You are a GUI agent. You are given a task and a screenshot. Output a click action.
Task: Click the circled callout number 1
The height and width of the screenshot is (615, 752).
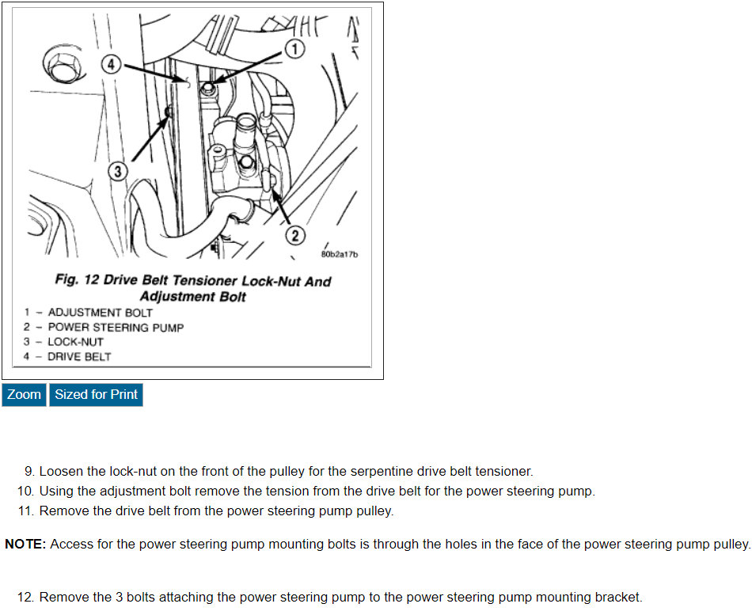pyautogui.click(x=294, y=49)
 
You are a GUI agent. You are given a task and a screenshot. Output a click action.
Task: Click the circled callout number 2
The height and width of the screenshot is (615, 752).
pyautogui.click(x=294, y=234)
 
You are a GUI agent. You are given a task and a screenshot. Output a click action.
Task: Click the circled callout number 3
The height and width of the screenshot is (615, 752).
pyautogui.click(x=117, y=171)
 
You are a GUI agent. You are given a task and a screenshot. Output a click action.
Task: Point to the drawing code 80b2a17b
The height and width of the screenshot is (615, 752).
pyautogui.click(x=340, y=254)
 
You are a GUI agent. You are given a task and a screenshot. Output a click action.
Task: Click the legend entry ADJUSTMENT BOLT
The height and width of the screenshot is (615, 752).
pyautogui.click(x=100, y=313)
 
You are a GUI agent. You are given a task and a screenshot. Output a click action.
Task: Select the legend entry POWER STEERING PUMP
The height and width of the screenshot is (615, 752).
pyautogui.click(x=116, y=327)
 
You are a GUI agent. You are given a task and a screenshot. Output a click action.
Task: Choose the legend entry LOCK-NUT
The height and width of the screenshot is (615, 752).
pyautogui.click(x=75, y=342)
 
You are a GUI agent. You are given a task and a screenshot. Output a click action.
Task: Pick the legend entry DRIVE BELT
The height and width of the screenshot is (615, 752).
pyautogui.click(x=79, y=356)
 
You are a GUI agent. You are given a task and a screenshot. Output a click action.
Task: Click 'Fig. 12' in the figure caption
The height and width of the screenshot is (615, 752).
pyautogui.click(x=77, y=281)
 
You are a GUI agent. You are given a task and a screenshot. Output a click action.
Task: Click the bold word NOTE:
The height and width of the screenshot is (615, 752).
pyautogui.click(x=25, y=544)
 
